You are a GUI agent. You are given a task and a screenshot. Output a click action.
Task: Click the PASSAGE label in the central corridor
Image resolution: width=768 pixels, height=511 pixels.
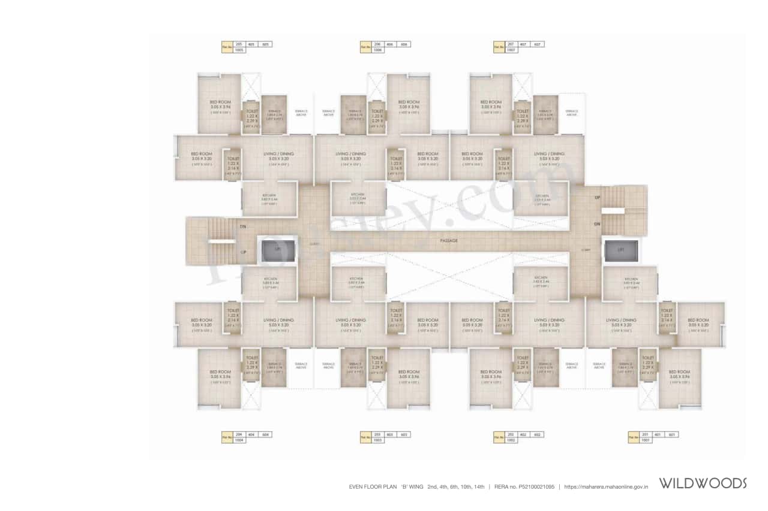[x=448, y=240]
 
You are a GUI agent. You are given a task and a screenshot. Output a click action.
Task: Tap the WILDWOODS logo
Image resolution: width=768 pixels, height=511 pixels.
[x=703, y=483]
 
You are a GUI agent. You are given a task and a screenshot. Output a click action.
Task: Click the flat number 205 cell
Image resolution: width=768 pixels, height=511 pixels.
[x=239, y=44]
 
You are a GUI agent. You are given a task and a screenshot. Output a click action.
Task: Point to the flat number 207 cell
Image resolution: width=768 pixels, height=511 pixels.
[x=511, y=44]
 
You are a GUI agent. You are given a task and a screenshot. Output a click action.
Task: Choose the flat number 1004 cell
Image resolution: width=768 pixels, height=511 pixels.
[x=239, y=440]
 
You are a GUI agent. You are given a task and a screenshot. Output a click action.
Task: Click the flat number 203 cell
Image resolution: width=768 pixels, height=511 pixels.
[x=377, y=434]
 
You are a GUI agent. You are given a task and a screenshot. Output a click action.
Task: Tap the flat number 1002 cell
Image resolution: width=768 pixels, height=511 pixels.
[x=511, y=440]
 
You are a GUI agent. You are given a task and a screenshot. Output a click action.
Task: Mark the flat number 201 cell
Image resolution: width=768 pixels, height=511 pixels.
[x=646, y=434]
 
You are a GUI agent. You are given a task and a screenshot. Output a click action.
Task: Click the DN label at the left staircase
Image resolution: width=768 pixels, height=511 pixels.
[x=243, y=226]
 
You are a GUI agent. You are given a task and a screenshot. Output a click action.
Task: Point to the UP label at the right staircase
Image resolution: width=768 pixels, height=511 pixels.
[x=597, y=198]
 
